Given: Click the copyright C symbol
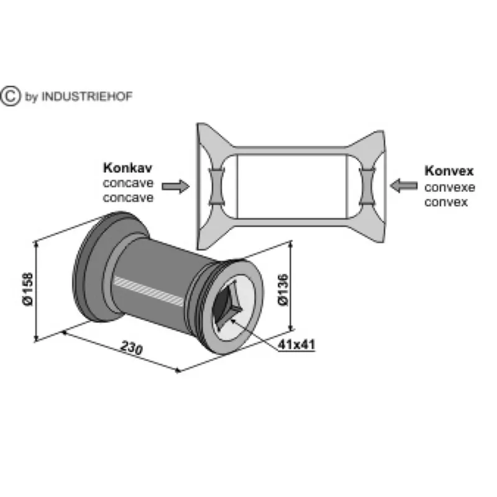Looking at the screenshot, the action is pyautogui.click(x=10, y=96).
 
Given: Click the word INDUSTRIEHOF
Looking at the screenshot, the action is pyautogui.click(x=87, y=96).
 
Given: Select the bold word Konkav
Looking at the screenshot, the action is pyautogui.click(x=128, y=168).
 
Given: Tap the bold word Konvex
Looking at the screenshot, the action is pyautogui.click(x=449, y=171).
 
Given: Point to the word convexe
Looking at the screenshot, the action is pyautogui.click(x=450, y=188).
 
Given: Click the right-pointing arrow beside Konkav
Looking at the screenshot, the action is pyautogui.click(x=176, y=186).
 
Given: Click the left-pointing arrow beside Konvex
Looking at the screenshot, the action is pyautogui.click(x=403, y=185).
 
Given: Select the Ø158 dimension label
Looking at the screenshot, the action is pyautogui.click(x=28, y=289).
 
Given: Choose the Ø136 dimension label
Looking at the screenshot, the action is pyautogui.click(x=283, y=290).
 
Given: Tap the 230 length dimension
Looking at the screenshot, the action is pyautogui.click(x=132, y=348).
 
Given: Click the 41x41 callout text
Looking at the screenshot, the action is pyautogui.click(x=296, y=345).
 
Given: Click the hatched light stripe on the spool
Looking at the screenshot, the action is pyautogui.click(x=148, y=291).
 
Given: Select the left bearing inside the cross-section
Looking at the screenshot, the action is pyautogui.click(x=217, y=187).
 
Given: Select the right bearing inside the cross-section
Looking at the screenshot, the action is pyautogui.click(x=367, y=187).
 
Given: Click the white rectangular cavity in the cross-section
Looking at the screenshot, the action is pyautogui.click(x=292, y=186).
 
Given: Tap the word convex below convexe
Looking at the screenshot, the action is pyautogui.click(x=446, y=203).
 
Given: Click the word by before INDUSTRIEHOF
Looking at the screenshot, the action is pyautogui.click(x=32, y=97).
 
